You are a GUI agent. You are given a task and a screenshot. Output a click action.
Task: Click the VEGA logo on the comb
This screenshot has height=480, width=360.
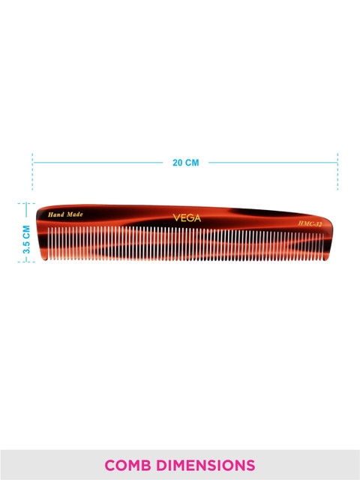pos(187,218)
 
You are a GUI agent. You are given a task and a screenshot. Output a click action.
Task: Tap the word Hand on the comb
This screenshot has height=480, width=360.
pos(55,214)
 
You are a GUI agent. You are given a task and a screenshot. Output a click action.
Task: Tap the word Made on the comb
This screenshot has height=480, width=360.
pos(75,214)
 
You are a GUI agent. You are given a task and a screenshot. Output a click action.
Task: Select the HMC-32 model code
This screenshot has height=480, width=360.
pos(310,223)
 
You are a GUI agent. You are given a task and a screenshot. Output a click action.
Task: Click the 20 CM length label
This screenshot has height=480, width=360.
pos(186,163)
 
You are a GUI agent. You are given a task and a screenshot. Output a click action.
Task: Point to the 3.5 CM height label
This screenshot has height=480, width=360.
pos(27,239)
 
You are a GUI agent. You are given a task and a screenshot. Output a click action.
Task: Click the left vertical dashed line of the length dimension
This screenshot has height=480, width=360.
pos(32,172)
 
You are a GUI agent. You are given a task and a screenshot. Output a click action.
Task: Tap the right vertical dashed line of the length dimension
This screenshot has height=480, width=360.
pos(337,172)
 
